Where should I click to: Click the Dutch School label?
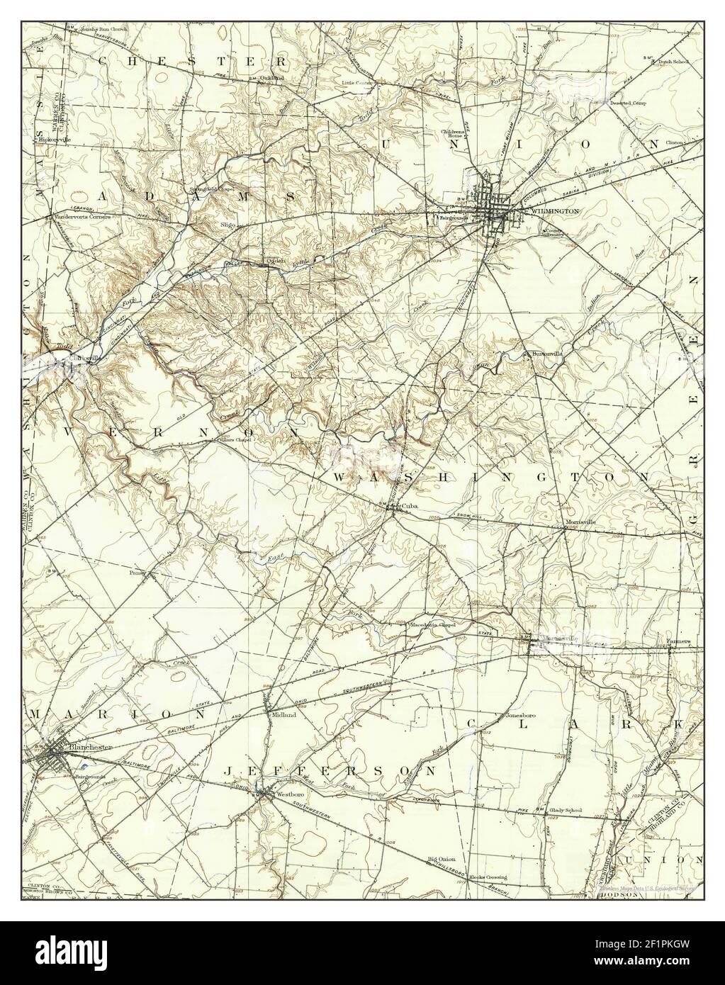click(673, 62)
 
